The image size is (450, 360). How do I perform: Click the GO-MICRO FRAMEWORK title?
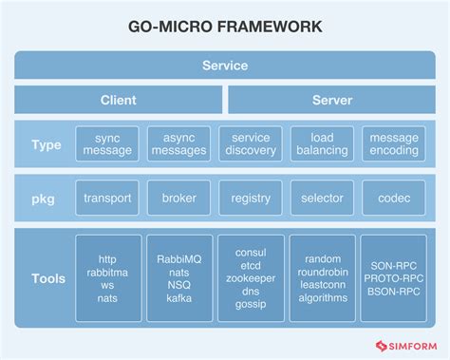225,28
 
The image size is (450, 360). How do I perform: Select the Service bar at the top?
225,66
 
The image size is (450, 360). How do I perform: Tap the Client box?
119,100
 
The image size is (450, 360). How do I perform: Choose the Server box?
332,100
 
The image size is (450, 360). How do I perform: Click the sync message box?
107,144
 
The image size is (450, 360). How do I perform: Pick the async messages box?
179,144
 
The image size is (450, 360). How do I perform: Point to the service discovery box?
251,144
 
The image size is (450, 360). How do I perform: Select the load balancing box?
322,144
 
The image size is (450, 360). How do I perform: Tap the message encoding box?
393,144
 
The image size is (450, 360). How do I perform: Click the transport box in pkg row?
107,198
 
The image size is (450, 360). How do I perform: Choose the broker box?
179,198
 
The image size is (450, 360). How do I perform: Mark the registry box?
251,198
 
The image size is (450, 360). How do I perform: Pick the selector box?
322,198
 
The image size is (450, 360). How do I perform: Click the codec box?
393,198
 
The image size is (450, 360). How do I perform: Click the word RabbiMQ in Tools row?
179,258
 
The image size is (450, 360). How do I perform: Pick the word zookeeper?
251,278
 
